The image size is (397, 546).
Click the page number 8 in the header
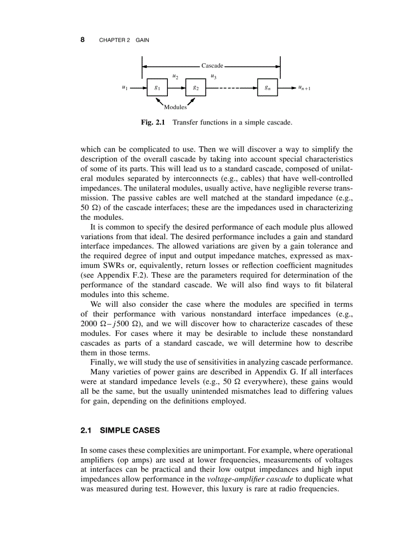(83, 40)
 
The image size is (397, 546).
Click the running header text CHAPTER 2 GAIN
(124, 40)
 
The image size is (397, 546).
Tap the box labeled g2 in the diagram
(196, 88)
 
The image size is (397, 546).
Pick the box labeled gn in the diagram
(268, 88)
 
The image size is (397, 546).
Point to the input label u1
(125, 88)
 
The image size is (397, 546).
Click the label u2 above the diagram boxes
(175, 76)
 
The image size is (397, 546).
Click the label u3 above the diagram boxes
(214, 76)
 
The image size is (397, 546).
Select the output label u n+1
(305, 88)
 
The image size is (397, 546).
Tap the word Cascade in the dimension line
(212, 65)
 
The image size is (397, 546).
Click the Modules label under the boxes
(175, 107)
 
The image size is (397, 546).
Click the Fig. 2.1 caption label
(153, 123)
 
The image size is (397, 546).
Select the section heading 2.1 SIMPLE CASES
(120, 431)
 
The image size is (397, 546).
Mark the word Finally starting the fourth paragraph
(103, 363)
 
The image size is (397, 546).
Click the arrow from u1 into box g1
(139, 88)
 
